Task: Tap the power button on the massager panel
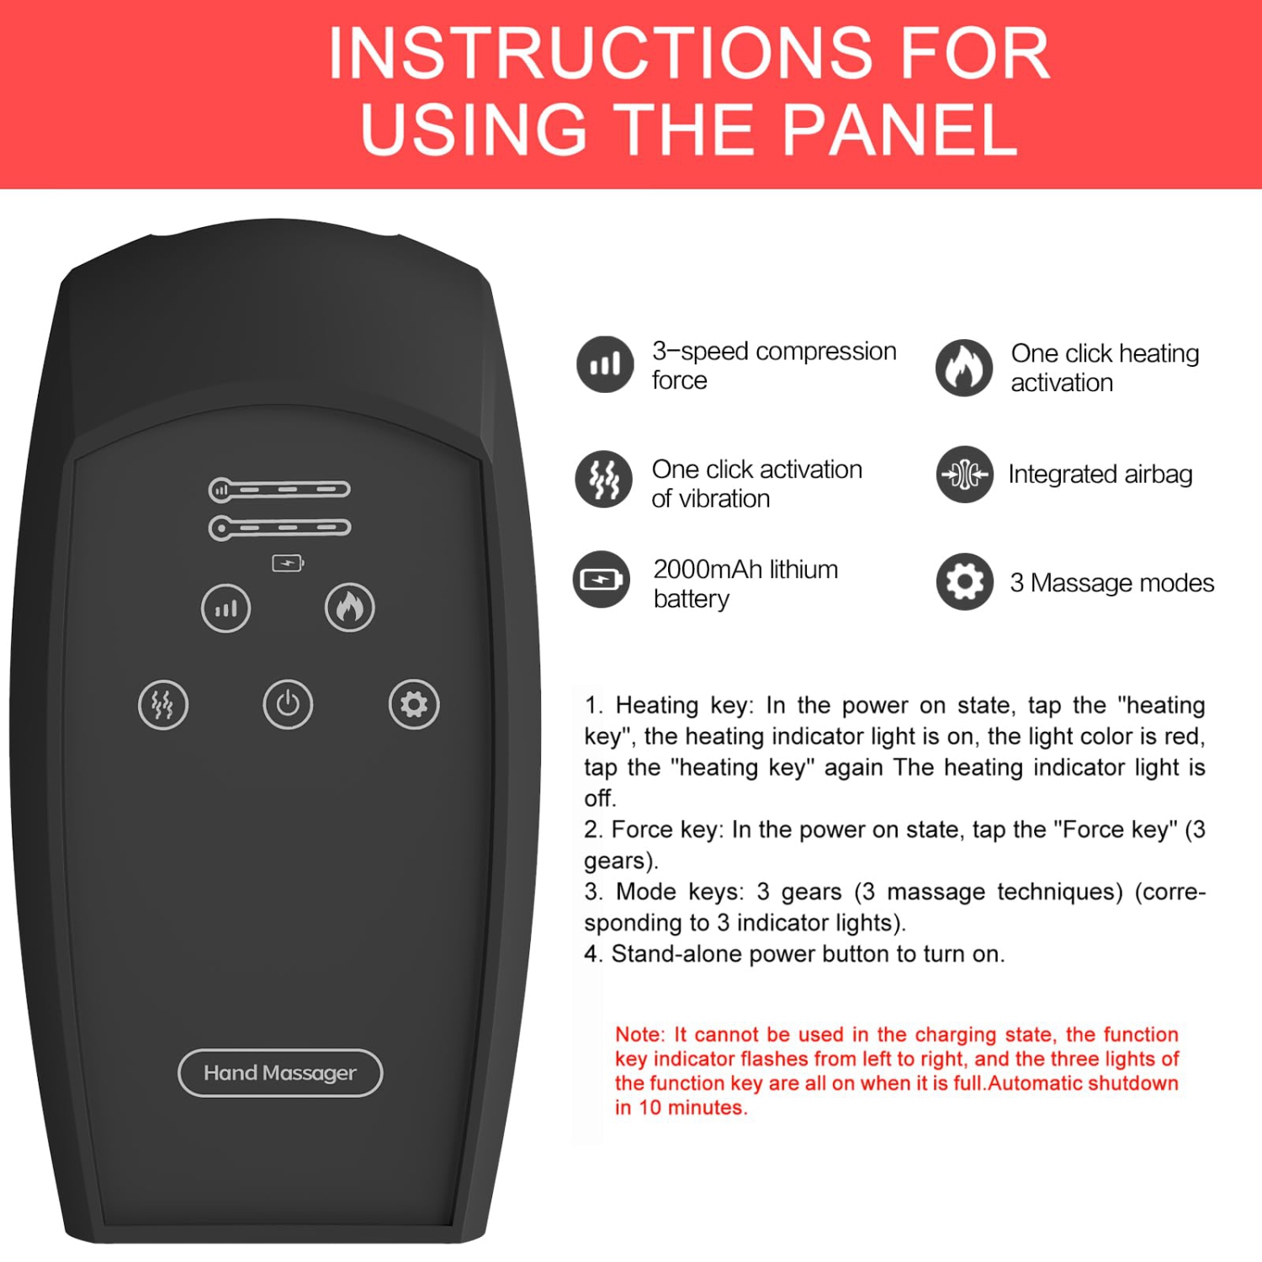pos(288,704)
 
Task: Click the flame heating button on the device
pos(350,607)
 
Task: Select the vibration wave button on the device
pos(163,704)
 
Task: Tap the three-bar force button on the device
pos(225,607)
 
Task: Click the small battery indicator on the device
pos(288,563)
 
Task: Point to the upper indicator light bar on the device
pos(279,489)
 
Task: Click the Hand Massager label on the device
pos(280,1073)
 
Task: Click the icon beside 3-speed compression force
pos(605,364)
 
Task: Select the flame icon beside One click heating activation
pos(964,368)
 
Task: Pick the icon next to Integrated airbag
pos(965,475)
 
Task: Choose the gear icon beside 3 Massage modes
pos(965,581)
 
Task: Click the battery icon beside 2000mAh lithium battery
pos(602,580)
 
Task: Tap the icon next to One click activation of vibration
pos(603,479)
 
